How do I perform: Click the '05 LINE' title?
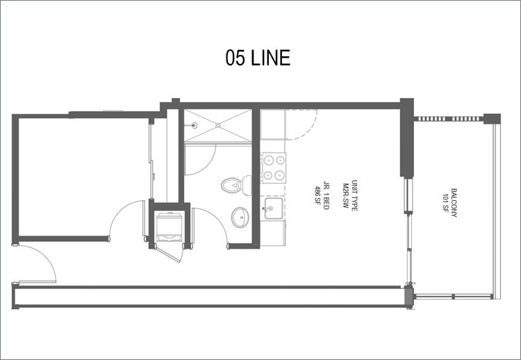(258, 58)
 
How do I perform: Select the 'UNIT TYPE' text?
(354, 195)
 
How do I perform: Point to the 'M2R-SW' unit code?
(346, 195)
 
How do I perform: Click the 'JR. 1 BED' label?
(326, 195)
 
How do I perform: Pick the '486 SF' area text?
(317, 195)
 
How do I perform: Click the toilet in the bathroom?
(236, 185)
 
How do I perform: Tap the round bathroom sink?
(240, 218)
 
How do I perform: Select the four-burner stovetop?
(274, 167)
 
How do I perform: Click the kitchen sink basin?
(274, 208)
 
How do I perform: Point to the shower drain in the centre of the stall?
(218, 125)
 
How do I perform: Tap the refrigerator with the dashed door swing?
(273, 124)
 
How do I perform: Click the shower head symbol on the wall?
(194, 125)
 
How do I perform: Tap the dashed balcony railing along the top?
(448, 119)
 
